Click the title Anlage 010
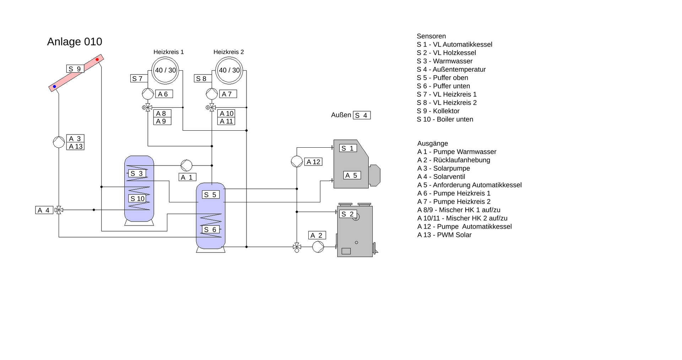75,42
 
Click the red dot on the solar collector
97,59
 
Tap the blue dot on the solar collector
54,86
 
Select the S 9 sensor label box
75,69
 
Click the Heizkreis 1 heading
168,52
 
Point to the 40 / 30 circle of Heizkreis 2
229,70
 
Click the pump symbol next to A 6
148,94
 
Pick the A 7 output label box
228,94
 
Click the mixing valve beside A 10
212,107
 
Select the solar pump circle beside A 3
59,142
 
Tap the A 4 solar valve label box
44,210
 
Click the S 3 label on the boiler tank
137,174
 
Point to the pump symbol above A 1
186,165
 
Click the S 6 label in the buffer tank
211,230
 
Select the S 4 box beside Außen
362,115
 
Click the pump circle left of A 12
297,162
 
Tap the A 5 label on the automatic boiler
352,175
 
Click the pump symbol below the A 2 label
318,247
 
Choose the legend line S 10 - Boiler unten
445,119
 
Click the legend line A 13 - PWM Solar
444,235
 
